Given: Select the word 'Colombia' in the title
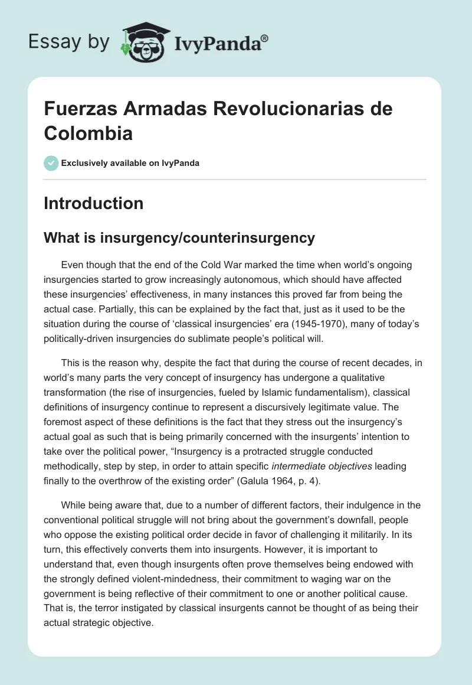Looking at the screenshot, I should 88,133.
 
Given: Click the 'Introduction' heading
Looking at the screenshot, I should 94,203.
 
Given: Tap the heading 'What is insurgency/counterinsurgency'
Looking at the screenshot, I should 179,238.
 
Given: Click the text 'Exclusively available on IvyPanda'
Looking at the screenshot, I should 130,163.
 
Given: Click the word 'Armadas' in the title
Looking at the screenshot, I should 161,109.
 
